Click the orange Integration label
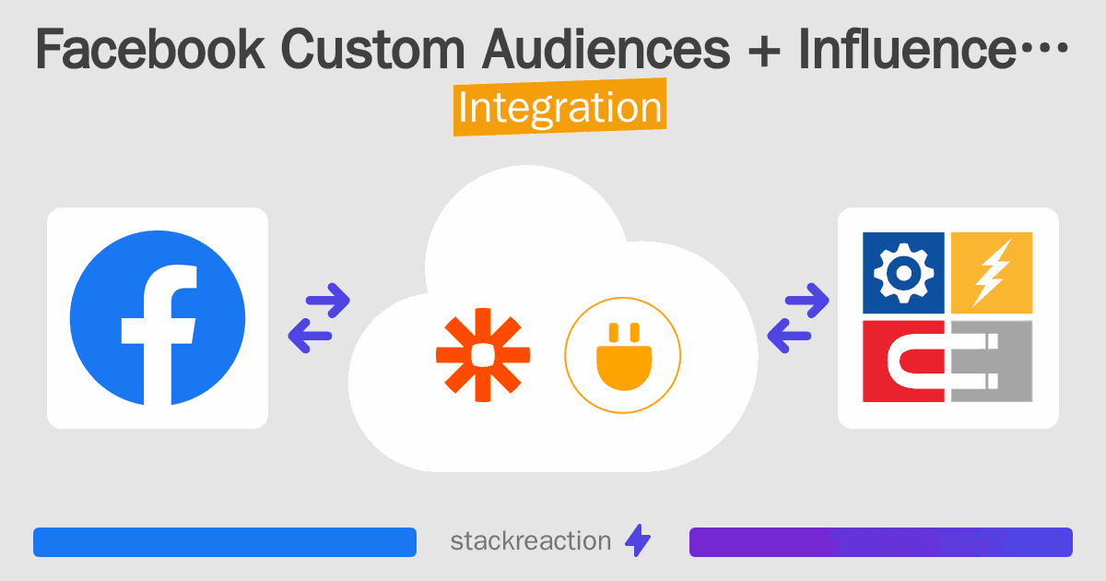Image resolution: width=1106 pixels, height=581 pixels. [559, 108]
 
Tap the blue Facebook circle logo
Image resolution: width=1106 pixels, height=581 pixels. [158, 318]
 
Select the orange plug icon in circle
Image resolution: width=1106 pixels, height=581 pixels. [623, 355]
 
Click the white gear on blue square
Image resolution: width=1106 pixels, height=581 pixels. [903, 273]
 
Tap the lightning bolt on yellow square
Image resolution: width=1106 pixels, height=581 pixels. [992, 273]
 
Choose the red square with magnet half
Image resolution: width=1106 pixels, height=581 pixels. [903, 362]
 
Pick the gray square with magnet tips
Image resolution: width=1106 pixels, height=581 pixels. [992, 362]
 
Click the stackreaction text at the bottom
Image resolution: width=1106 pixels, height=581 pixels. [530, 540]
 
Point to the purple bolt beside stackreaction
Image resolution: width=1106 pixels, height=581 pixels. [638, 541]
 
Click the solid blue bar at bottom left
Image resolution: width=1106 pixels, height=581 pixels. [224, 542]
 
